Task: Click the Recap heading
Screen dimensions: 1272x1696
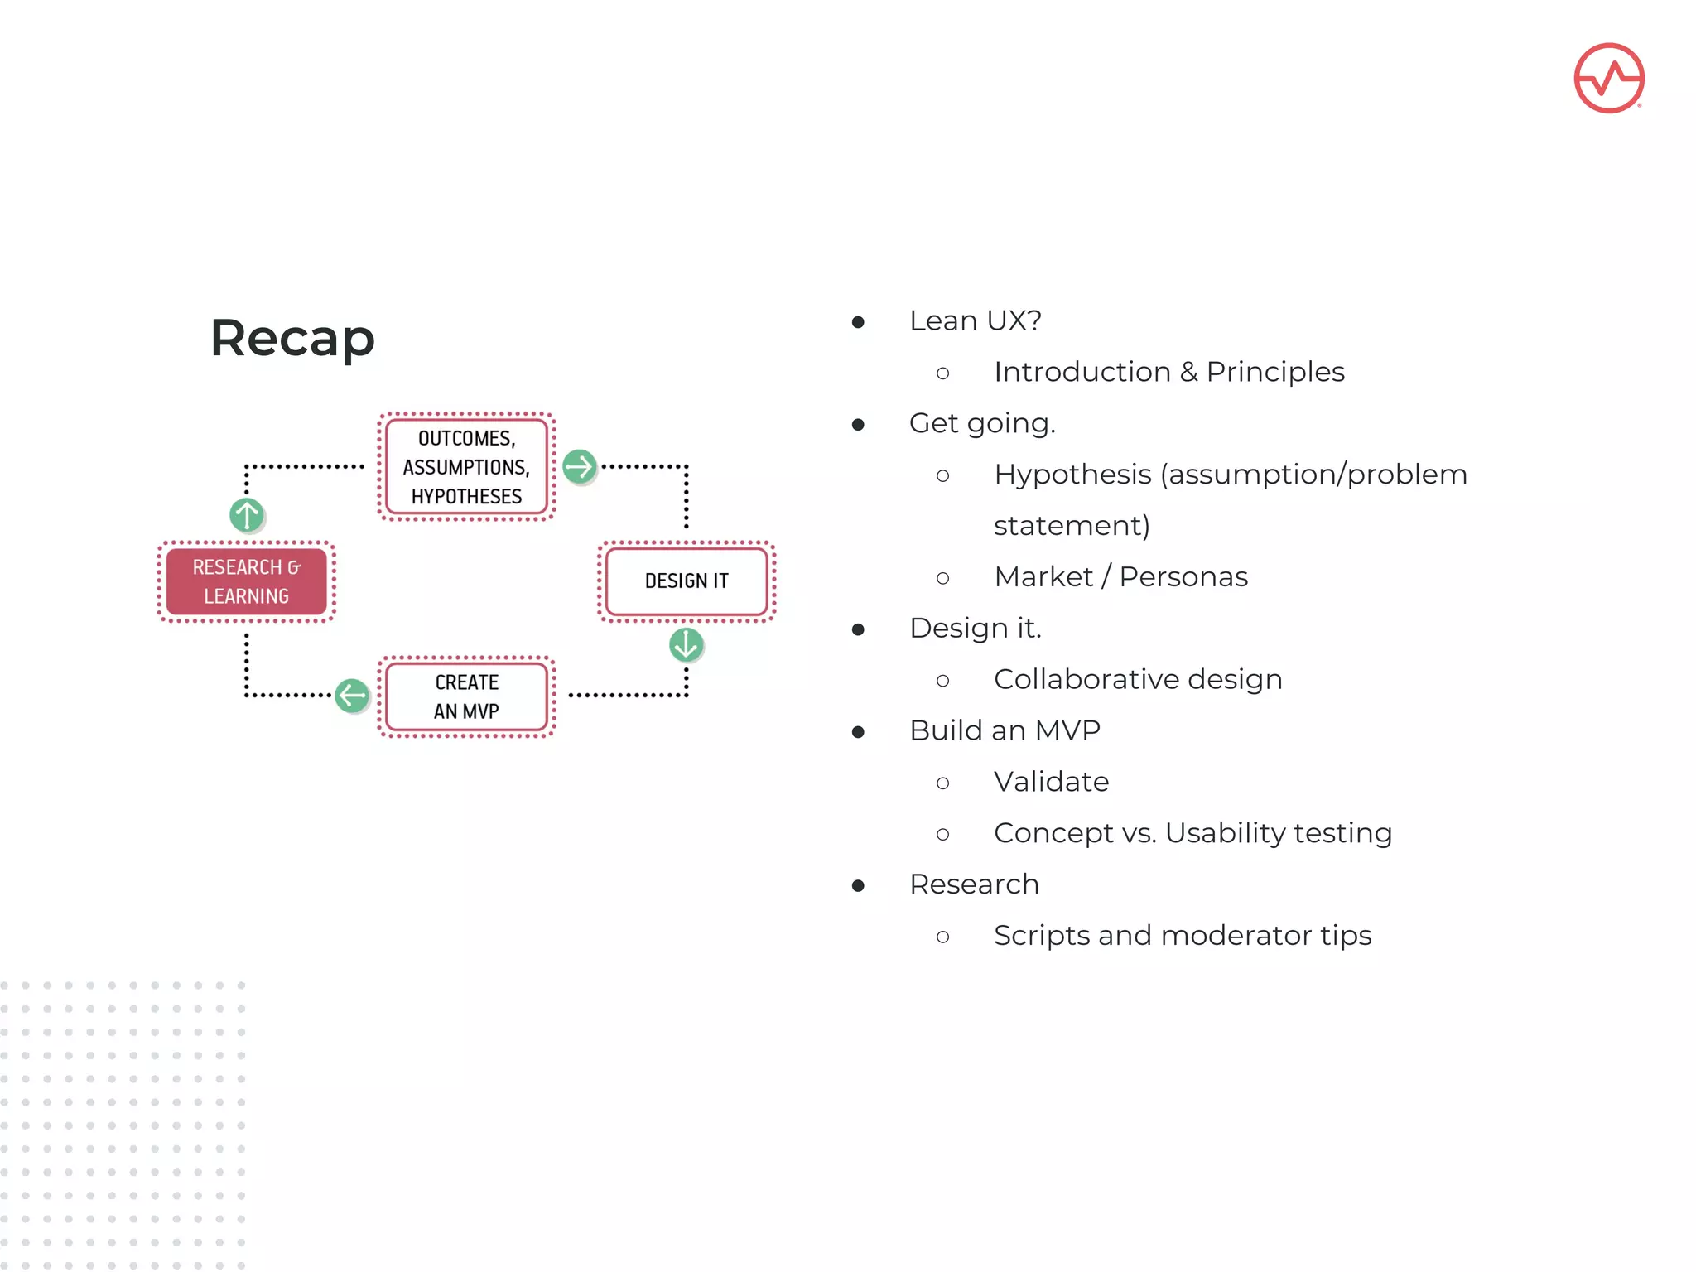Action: (292, 338)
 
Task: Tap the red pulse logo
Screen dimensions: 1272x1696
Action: (1608, 78)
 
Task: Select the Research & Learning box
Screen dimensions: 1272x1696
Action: (246, 581)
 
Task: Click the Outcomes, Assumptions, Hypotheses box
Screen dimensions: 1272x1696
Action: (466, 467)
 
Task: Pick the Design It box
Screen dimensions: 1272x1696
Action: (687, 581)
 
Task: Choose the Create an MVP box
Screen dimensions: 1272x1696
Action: (466, 696)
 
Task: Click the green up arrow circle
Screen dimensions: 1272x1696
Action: (247, 515)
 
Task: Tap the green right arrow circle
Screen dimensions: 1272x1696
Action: (580, 467)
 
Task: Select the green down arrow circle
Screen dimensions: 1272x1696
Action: (687, 644)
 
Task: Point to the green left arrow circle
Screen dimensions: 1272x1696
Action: (352, 696)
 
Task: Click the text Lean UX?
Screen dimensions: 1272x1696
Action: (975, 320)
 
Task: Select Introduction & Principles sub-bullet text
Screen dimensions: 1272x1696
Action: (1168, 372)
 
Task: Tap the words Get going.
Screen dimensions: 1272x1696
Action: (982, 423)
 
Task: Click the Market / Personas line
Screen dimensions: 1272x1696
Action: (1120, 576)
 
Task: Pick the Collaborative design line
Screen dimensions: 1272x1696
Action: (1138, 679)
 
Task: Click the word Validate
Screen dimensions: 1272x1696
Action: (1051, 782)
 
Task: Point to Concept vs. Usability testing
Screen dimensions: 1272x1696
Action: (1192, 833)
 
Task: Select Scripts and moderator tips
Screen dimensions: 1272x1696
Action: (1183, 936)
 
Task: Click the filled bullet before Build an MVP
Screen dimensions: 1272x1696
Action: (859, 732)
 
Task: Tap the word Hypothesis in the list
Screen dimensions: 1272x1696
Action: (1072, 475)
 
